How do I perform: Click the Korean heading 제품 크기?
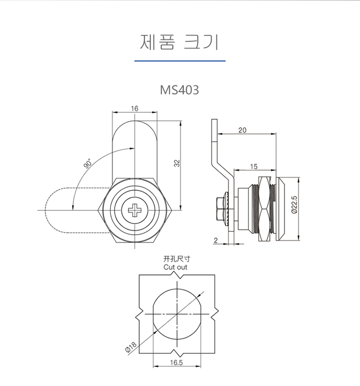(x=180, y=42)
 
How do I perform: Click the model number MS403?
(x=180, y=90)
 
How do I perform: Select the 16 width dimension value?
(x=134, y=109)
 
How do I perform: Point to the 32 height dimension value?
(x=177, y=163)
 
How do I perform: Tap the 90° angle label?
(x=88, y=164)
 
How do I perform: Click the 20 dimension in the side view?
(x=242, y=130)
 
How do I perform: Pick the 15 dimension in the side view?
(x=253, y=167)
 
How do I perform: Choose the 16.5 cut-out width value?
(x=177, y=363)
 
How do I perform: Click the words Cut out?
(x=175, y=267)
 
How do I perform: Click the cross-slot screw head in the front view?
(x=135, y=210)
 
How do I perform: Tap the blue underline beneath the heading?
(x=180, y=61)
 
